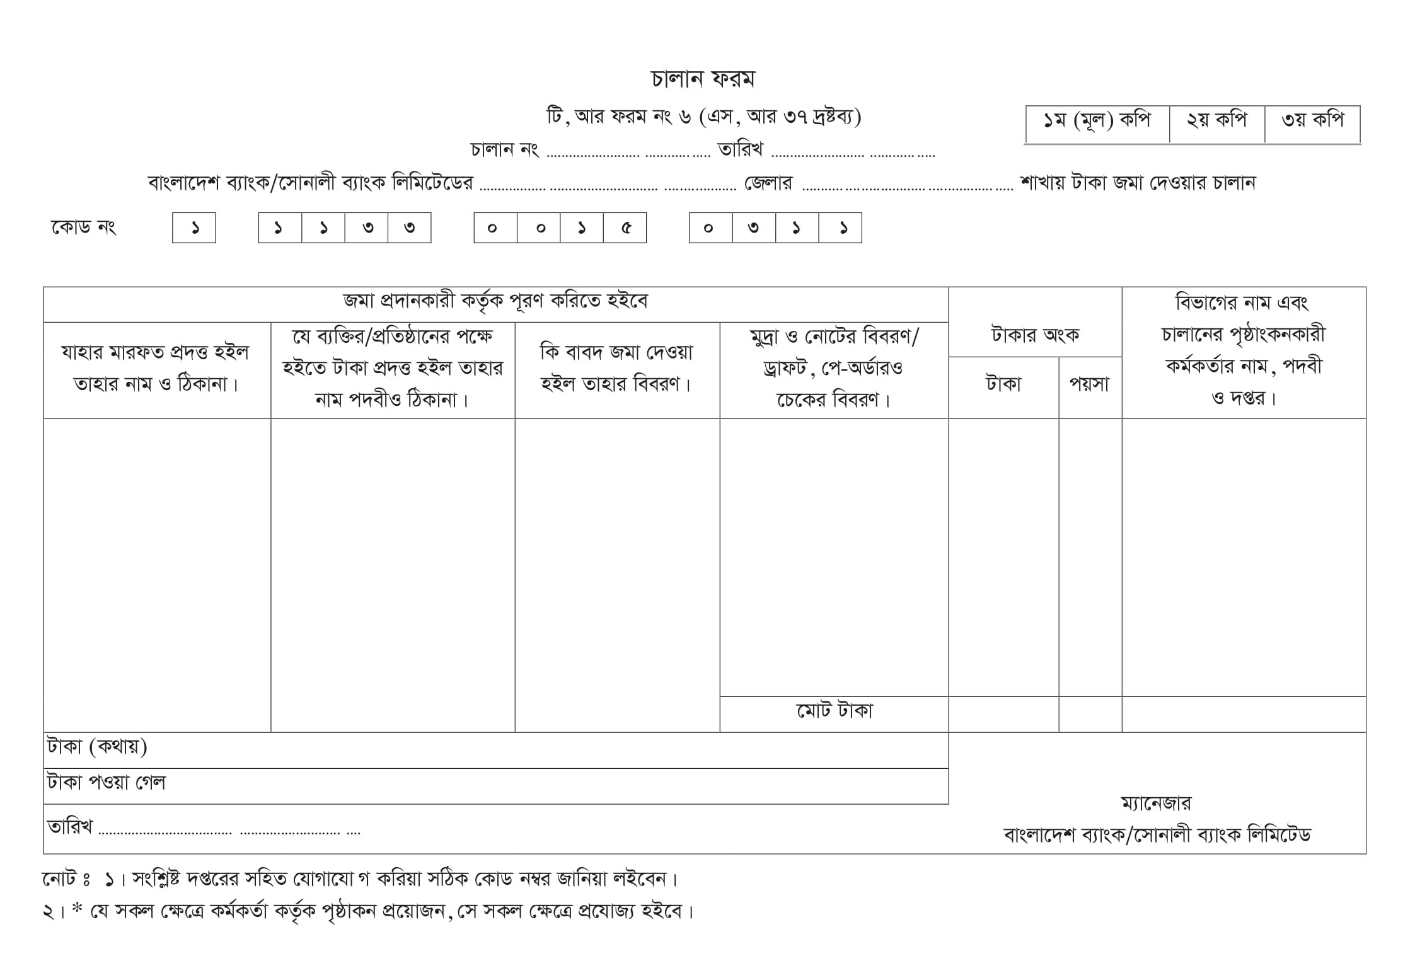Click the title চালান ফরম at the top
coord(702,79)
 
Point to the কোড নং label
coord(83,227)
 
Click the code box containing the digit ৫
coord(625,227)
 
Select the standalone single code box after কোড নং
coord(194,227)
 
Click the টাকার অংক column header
coord(1035,334)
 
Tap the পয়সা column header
coord(1090,384)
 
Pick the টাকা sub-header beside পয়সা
coord(1003,384)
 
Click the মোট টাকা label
coord(834,711)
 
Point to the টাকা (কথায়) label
coord(97,747)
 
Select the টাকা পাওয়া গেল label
coord(106,783)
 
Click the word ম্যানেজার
coord(1156,803)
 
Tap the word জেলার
coord(768,183)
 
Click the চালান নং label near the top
coord(504,150)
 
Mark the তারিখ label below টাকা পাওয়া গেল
coord(70,826)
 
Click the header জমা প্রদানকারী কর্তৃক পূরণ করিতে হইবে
coord(495,301)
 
